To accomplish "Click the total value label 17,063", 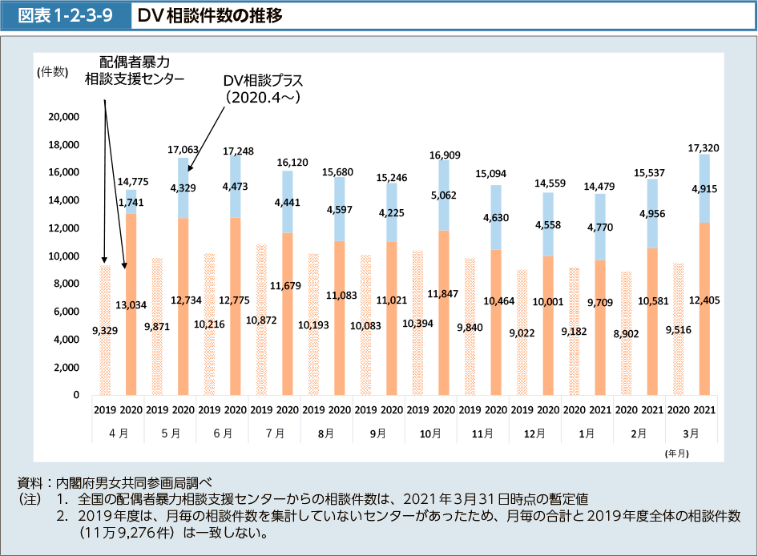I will pyautogui.click(x=183, y=150).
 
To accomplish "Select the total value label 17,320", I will pyautogui.click(x=704, y=148).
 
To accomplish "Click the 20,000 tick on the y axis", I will pyautogui.click(x=63, y=117).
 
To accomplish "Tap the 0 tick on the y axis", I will pyautogui.click(x=75, y=395).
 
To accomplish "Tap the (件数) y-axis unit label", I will pyautogui.click(x=52, y=72).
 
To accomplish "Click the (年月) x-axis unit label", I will pyautogui.click(x=675, y=453).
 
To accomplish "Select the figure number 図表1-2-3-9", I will pyautogui.click(x=66, y=15).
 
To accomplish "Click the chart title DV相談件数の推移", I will pyautogui.click(x=210, y=15).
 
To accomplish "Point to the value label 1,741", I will pyautogui.click(x=131, y=203).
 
